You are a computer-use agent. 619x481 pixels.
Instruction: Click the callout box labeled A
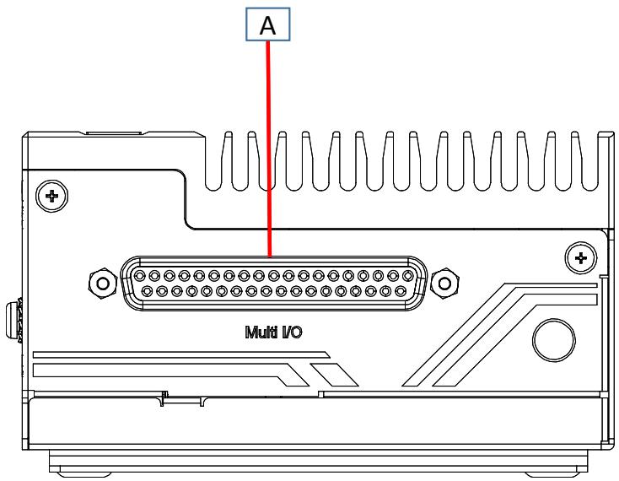tap(267, 24)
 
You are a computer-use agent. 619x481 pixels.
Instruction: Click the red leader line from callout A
tap(269, 149)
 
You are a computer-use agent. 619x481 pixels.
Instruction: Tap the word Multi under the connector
tap(261, 332)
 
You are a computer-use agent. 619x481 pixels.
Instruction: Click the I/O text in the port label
tap(291, 332)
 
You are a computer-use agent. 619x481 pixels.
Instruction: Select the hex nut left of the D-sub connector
tap(103, 284)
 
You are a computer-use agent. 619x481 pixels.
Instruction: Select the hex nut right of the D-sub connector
tap(445, 284)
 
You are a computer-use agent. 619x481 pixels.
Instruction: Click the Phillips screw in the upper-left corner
tap(51, 196)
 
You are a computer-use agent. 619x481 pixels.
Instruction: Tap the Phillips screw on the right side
tap(581, 258)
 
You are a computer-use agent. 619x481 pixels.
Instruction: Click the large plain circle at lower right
tap(554, 340)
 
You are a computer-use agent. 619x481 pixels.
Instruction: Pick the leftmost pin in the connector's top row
tap(139, 275)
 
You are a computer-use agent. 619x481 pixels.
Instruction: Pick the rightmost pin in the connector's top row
tap(408, 275)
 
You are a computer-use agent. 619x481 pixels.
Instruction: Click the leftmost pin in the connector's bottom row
tap(147, 291)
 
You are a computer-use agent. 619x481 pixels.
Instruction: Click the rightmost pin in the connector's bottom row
tap(401, 291)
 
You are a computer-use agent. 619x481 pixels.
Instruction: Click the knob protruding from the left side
tap(13, 321)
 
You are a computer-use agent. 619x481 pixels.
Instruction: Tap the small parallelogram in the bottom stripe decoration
tap(334, 375)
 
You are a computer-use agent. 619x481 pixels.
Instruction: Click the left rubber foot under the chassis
tap(83, 474)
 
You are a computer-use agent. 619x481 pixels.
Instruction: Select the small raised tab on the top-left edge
tap(114, 132)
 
